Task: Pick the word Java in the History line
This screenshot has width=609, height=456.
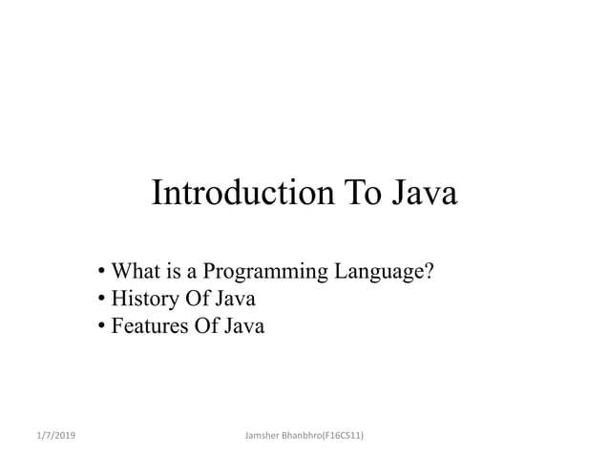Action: (234, 301)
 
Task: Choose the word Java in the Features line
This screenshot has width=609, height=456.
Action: (242, 327)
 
